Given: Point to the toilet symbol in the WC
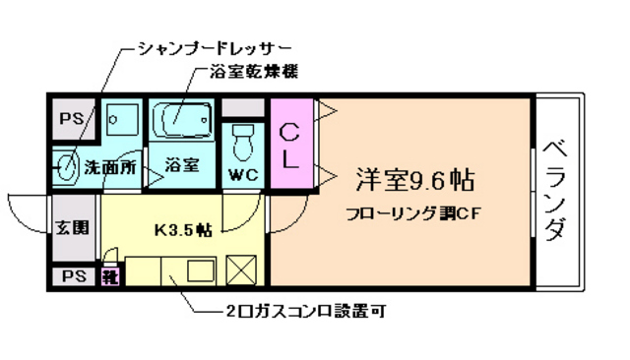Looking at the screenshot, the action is (242, 144).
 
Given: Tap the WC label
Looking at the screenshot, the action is (242, 176).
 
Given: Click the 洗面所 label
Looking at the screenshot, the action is (110, 166).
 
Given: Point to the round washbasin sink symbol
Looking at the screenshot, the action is (67, 164).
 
